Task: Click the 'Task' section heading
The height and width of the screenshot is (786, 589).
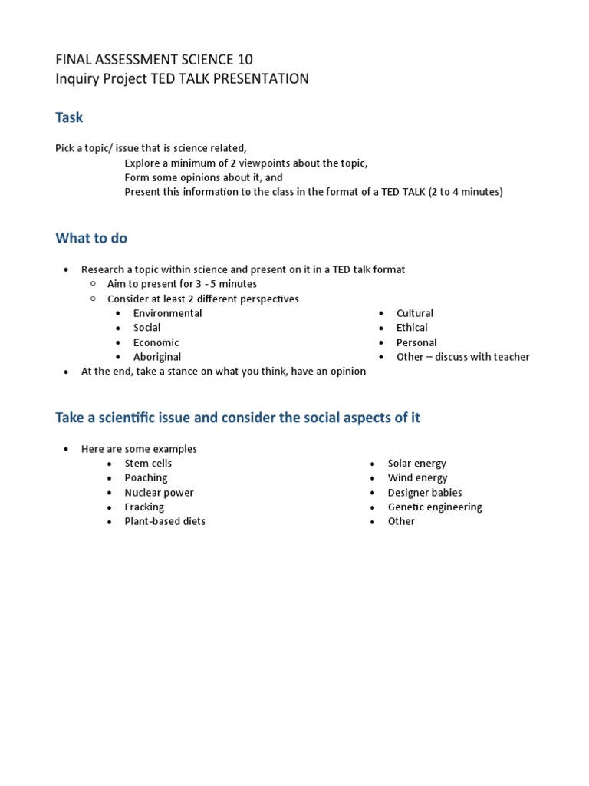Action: pos(69,117)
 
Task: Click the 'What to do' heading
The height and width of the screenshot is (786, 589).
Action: pos(91,238)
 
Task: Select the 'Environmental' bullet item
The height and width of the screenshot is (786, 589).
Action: pos(167,313)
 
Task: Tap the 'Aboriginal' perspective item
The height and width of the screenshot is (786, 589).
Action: pos(156,357)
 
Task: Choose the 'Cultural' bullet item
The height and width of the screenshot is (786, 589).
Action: pos(414,313)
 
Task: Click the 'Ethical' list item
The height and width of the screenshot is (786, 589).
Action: pos(412,328)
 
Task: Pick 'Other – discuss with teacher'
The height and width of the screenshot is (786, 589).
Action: pos(462,357)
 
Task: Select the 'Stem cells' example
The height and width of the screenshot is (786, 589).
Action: pos(148,464)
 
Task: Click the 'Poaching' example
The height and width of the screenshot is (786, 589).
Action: pos(146,478)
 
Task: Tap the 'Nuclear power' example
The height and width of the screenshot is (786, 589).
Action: pos(159,493)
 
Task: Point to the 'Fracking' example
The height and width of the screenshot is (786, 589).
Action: pos(144,507)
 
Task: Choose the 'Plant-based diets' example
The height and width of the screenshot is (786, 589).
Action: pos(165,521)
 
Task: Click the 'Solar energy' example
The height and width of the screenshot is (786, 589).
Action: pos(416,464)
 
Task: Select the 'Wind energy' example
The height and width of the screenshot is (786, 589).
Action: pos(417,478)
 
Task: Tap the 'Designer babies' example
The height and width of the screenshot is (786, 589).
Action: pos(425,493)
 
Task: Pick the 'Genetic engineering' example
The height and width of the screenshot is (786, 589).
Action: pos(435,507)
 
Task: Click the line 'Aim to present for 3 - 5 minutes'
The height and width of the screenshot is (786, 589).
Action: pos(182,284)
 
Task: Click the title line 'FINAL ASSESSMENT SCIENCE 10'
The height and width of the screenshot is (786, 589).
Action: pos(153,59)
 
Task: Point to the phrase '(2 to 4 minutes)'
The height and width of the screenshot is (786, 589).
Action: pos(466,192)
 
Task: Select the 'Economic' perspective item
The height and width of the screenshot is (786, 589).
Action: pos(156,342)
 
